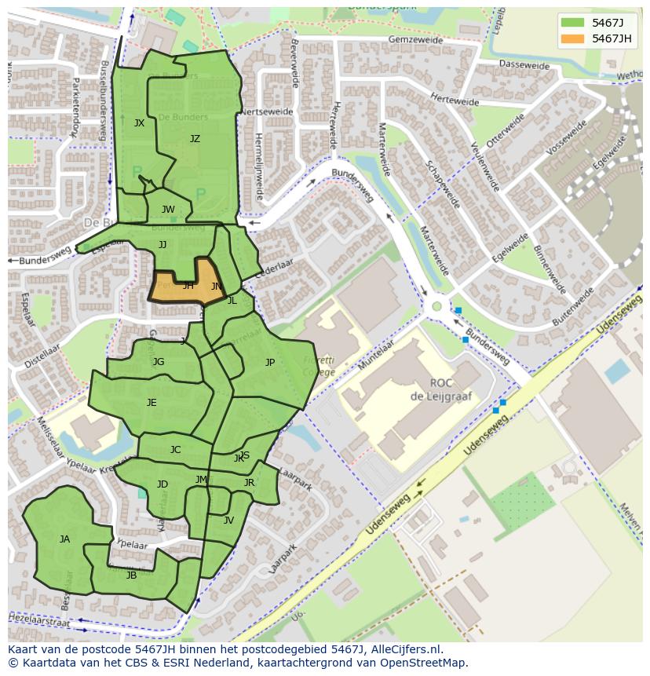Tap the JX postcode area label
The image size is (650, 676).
point(139,123)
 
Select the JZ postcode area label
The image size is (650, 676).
point(195,139)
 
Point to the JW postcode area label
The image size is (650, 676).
point(168,210)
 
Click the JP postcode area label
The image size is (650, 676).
point(270,363)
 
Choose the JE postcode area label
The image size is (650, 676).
point(152,403)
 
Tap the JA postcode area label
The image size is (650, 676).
point(64,539)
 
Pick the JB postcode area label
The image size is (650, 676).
point(131,575)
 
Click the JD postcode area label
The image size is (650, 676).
point(162,484)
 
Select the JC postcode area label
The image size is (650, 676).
point(175,450)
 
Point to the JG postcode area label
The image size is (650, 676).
point(159,362)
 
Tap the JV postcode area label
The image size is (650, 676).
point(228,520)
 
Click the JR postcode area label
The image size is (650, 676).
point(249,483)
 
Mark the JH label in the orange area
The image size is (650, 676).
point(188,286)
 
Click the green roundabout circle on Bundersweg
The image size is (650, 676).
point(436,305)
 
